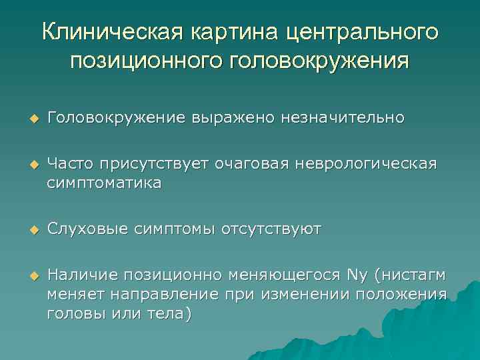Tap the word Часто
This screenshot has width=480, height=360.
pyautogui.click(x=71, y=164)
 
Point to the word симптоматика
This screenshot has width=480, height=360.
pyautogui.click(x=104, y=183)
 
